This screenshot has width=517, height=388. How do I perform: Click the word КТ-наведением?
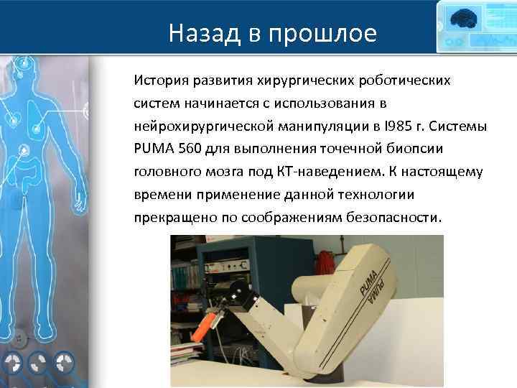click(340, 172)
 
